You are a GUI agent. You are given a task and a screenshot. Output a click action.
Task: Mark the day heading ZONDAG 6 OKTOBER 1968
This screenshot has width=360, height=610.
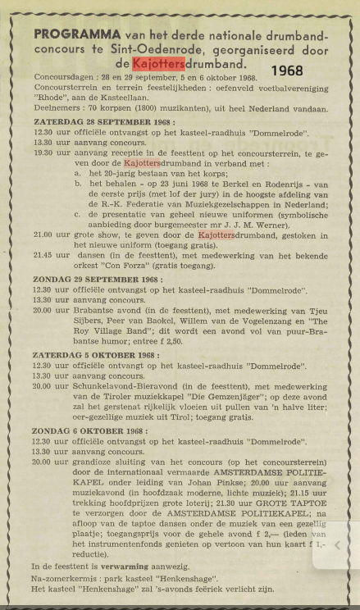tap(79, 430)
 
